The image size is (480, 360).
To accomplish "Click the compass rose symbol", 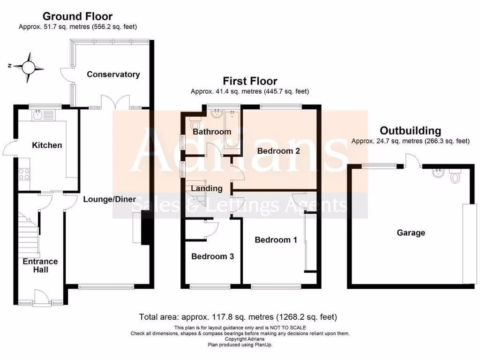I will point(29,67).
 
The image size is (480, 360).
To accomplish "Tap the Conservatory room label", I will point(113,75).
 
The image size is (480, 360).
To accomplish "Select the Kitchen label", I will point(47,145).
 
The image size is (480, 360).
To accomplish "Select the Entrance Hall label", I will point(40,265).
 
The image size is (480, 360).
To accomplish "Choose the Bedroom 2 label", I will point(278,151).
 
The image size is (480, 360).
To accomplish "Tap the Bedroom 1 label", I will point(276,240).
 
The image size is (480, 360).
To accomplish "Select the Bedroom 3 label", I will point(212,256).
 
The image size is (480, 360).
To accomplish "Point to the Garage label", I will point(411,232).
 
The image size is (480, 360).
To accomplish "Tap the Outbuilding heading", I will point(410,131).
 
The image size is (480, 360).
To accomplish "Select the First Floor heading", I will point(250,82).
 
